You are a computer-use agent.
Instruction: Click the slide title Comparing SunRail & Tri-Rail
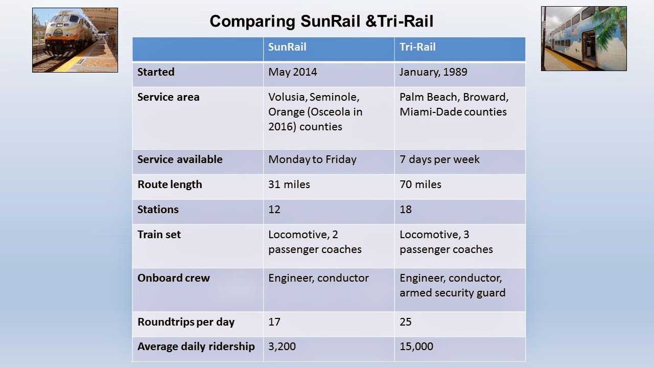point(321,21)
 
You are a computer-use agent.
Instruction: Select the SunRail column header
point(287,47)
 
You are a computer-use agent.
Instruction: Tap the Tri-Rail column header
point(417,47)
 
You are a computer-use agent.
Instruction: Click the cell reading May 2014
point(292,72)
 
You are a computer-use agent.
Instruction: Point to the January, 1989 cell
point(433,72)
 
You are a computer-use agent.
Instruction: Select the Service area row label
point(168,97)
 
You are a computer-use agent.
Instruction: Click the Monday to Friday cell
point(312,159)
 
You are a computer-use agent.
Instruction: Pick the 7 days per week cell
point(439,159)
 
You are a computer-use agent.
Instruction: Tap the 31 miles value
point(289,185)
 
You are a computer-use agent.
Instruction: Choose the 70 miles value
point(421,185)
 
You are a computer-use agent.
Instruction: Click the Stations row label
point(158,210)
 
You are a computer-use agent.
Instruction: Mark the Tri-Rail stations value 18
point(406,210)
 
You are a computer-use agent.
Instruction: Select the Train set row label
point(159,235)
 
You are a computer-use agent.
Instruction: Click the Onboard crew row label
point(173,278)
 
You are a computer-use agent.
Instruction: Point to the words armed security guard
point(452,293)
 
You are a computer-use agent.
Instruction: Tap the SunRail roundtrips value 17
point(274,322)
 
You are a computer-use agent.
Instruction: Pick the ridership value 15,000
point(416,347)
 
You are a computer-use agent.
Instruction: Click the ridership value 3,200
point(282,347)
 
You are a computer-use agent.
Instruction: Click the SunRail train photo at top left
point(75,40)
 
